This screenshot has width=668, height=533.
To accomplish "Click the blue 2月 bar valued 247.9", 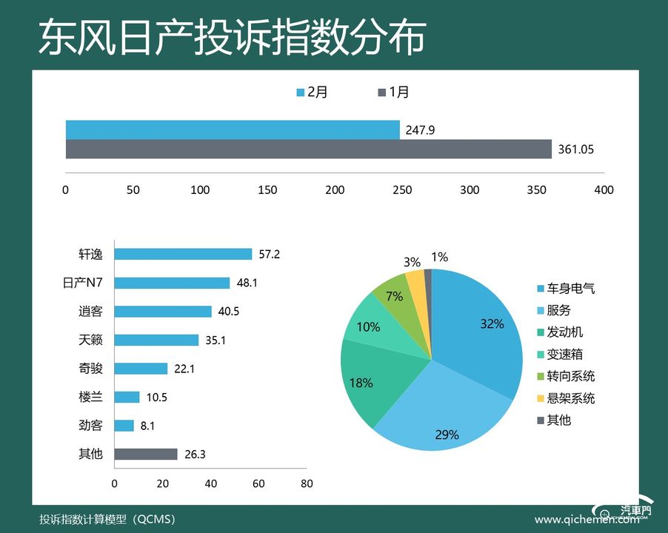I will click(x=233, y=130).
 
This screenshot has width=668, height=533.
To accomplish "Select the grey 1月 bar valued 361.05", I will click(x=308, y=149).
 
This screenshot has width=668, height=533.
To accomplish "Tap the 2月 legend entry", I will click(x=312, y=93).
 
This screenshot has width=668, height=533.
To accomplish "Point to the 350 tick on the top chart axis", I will click(x=537, y=190).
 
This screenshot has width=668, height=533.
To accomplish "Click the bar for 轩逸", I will click(x=183, y=254).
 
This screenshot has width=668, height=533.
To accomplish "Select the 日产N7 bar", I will click(x=172, y=283).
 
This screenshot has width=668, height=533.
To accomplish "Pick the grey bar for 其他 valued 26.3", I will click(x=146, y=454).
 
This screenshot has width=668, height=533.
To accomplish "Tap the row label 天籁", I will click(x=90, y=340).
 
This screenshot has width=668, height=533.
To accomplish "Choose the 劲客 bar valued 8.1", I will click(x=124, y=426).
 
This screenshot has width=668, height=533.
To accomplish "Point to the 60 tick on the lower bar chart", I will click(x=258, y=483).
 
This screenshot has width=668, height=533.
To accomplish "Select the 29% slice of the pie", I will click(x=444, y=422).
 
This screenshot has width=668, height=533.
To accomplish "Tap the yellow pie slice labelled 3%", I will click(x=416, y=282).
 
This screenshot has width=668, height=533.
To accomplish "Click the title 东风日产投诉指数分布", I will click(x=232, y=37).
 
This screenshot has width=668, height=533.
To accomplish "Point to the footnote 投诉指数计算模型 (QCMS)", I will click(x=107, y=519).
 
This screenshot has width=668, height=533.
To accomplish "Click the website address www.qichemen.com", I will click(x=585, y=520).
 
